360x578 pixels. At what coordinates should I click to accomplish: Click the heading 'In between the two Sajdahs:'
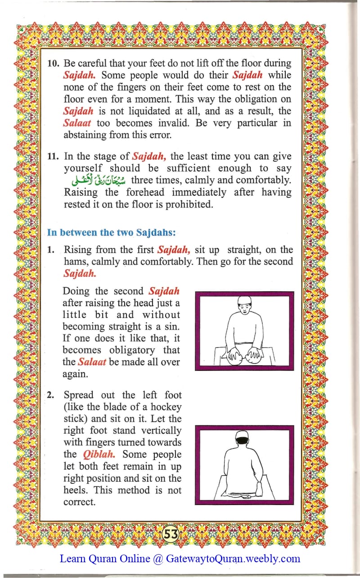(x=111, y=232)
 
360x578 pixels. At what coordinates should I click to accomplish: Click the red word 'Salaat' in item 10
(x=77, y=123)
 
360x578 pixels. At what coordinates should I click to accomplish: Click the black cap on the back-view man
(x=242, y=436)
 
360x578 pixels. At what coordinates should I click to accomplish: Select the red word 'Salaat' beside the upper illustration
(x=91, y=361)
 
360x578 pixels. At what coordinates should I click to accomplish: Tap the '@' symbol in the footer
(x=158, y=559)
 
